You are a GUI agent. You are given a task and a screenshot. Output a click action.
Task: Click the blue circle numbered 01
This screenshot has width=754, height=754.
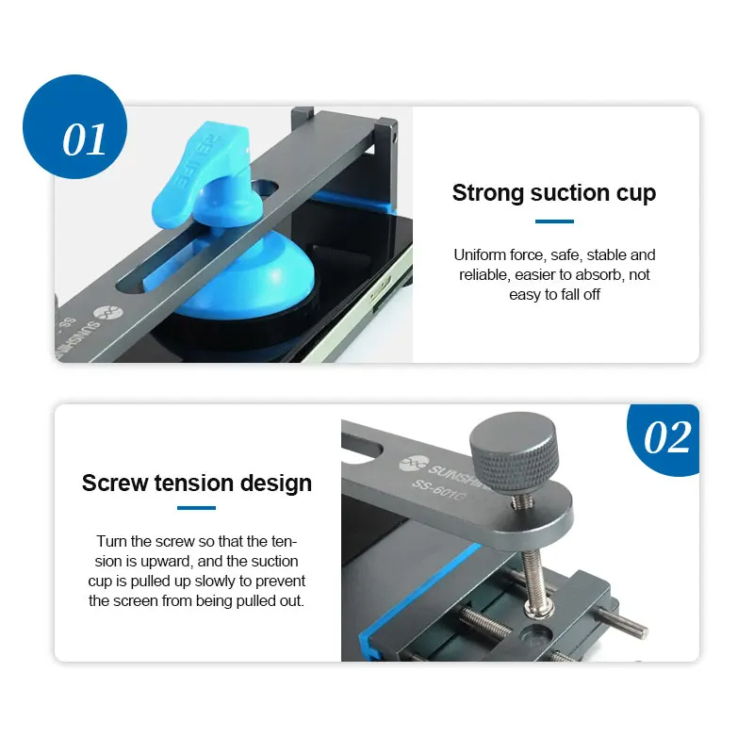point(74,126)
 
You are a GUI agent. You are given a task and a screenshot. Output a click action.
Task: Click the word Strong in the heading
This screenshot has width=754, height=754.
point(487,193)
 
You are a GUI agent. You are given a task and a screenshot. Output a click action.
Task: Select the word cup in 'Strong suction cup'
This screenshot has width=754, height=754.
point(636,194)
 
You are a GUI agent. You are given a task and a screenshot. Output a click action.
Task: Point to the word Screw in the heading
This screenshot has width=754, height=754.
point(114,483)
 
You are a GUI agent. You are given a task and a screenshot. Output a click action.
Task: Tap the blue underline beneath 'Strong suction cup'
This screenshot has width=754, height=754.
point(554,221)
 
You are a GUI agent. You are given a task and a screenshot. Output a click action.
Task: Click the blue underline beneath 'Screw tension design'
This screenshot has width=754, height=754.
point(196,508)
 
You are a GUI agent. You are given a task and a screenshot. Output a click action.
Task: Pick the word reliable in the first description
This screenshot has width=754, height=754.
point(484,274)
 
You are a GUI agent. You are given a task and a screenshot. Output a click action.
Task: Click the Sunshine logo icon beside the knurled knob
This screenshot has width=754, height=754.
point(414,464)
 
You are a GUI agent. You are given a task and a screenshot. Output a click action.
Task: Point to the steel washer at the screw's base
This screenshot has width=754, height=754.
point(540,610)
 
